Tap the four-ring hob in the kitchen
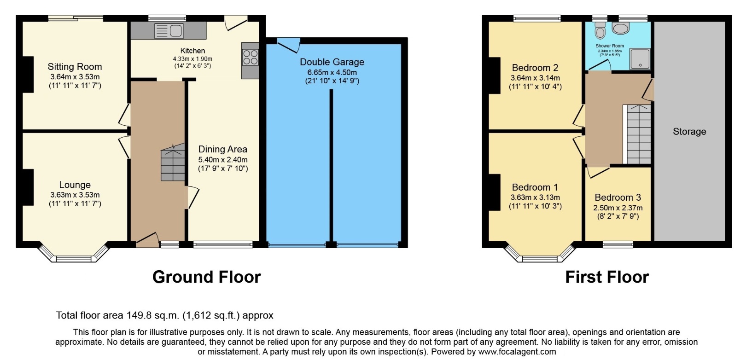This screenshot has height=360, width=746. (250, 58)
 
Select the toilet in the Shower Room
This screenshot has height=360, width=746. (600, 31)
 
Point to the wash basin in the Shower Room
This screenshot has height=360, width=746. (621, 29)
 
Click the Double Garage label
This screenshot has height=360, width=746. (332, 62)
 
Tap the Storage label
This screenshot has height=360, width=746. (689, 132)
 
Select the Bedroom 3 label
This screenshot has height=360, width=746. (618, 197)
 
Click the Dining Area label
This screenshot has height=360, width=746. (223, 149)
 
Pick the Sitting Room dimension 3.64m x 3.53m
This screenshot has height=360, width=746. (75, 77)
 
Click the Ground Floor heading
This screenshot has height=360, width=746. (206, 277)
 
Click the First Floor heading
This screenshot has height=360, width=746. (607, 277)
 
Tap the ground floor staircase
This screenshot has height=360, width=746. (173, 163)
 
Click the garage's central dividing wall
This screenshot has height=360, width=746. (331, 166)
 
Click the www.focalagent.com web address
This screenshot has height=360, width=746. (517, 352)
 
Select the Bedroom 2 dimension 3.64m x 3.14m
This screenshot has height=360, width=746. (535, 78)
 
